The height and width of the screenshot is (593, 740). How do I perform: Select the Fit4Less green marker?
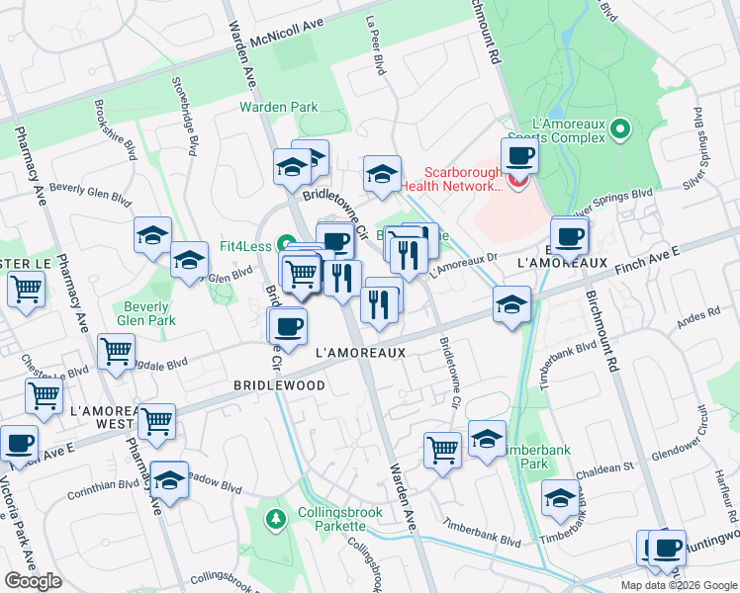[x=286, y=243]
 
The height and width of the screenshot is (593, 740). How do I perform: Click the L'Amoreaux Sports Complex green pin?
[x=620, y=129]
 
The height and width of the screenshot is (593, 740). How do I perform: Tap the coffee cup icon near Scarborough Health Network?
[x=519, y=155]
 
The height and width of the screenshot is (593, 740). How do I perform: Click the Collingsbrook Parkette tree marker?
[x=275, y=516]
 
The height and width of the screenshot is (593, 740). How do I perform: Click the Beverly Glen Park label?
[x=145, y=313]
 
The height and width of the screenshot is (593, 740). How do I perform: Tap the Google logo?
[x=34, y=581]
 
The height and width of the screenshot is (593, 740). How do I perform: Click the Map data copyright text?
[x=679, y=585]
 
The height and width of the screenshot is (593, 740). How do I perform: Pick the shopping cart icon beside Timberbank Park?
[x=442, y=451]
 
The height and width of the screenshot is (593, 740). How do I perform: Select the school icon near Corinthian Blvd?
[x=170, y=480]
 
